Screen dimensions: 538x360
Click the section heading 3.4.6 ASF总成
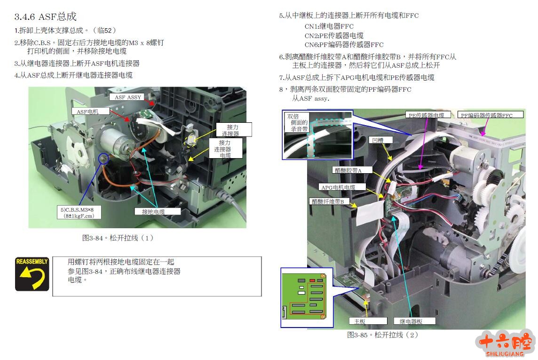[x=45, y=16]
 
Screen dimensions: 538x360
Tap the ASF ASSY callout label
[x=128, y=97]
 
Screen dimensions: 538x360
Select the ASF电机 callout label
[x=91, y=111]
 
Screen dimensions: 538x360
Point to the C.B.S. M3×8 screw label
[x=79, y=212]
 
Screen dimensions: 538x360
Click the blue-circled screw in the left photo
[x=103, y=159]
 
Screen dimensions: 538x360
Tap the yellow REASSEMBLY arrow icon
[x=32, y=274]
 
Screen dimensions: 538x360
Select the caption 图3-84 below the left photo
[x=118, y=238]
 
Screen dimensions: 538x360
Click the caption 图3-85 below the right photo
[x=382, y=335]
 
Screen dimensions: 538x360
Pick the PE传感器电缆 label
[x=427, y=115]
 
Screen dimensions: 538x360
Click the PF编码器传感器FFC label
[x=491, y=115]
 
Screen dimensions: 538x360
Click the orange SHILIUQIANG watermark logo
[x=505, y=344]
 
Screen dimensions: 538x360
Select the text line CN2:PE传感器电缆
[x=334, y=35]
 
